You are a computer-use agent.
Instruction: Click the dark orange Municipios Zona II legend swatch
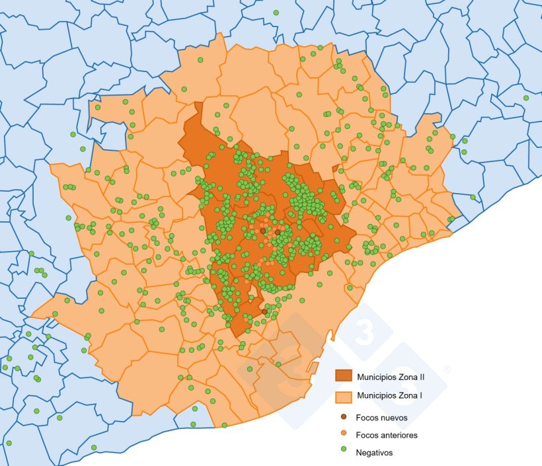pos(344,375)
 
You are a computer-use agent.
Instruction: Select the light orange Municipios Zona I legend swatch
pos(344,397)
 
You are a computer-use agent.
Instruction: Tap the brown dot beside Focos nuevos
pos(343,418)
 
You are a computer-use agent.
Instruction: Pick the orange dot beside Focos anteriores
pos(343,435)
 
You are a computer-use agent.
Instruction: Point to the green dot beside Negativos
pos(343,453)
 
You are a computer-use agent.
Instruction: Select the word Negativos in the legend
pos(373,453)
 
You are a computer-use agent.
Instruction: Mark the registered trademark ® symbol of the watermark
pos(447,369)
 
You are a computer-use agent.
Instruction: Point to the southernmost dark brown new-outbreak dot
pos(264,311)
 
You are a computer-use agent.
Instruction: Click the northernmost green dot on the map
pos(276,13)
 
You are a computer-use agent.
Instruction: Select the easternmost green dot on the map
pos(526,98)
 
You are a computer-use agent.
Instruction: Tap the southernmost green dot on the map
pos(93,447)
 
